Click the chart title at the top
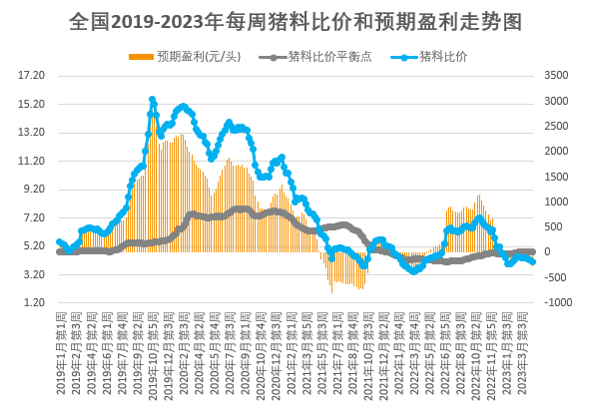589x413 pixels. (x=295, y=21)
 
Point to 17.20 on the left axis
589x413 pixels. (x=34, y=75)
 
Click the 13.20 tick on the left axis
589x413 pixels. (x=34, y=132)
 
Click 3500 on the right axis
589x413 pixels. (x=555, y=75)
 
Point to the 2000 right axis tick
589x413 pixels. (x=555, y=151)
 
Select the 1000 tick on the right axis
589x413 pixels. (x=555, y=202)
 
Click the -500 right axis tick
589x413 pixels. (x=555, y=277)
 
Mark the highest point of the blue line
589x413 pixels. (x=152, y=100)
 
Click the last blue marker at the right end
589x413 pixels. (x=534, y=262)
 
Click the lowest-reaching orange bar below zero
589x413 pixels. (x=331, y=292)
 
